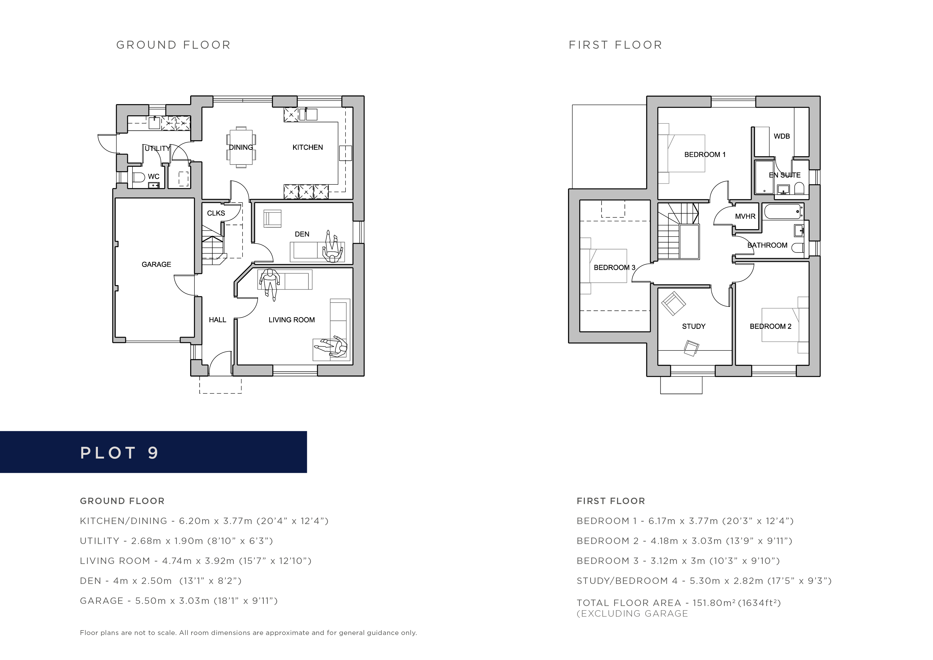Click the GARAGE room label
pyautogui.click(x=156, y=264)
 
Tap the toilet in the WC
pyautogui.click(x=138, y=177)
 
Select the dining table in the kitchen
pyautogui.click(x=241, y=147)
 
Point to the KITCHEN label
pyautogui.click(x=308, y=147)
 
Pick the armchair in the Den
pyautogui.click(x=272, y=218)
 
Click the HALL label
pyautogui.click(x=217, y=320)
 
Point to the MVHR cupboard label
pyautogui.click(x=745, y=216)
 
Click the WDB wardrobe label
pyautogui.click(x=782, y=136)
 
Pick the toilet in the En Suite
pyautogui.click(x=799, y=188)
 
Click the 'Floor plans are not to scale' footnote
pyautogui.click(x=248, y=633)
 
